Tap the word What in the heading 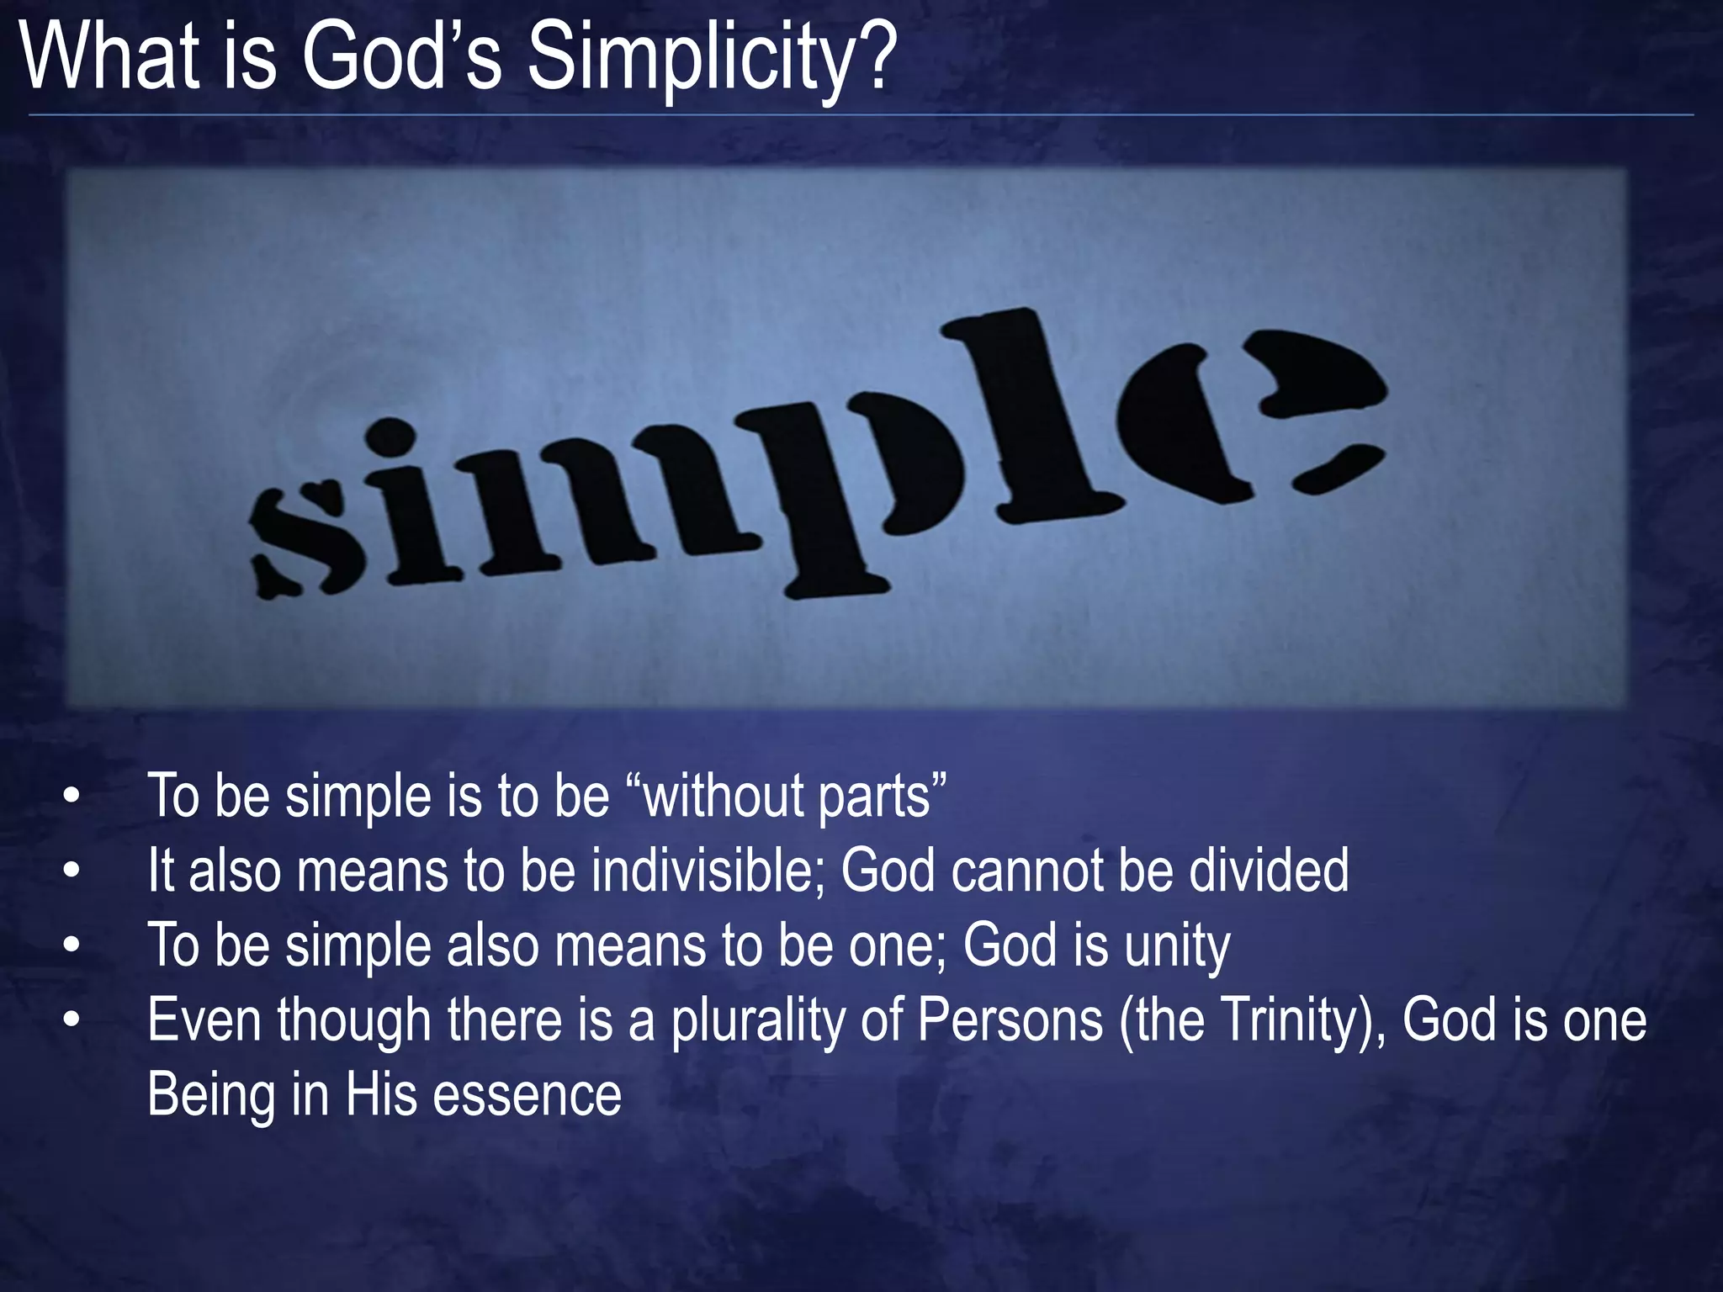click(109, 57)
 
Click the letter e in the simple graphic click(1245, 412)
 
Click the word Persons click(1010, 1020)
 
